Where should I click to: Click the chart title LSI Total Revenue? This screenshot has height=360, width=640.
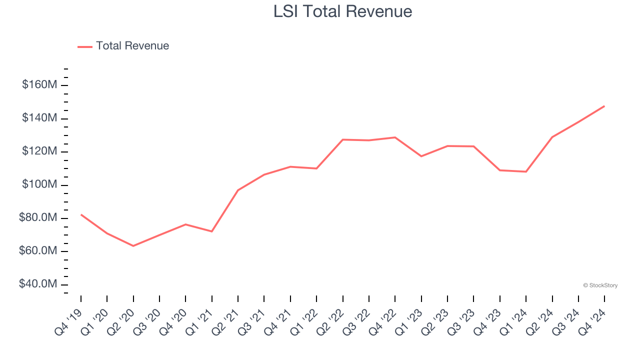coord(342,11)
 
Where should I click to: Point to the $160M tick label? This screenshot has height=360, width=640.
coord(39,85)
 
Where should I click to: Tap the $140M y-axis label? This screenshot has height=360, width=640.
coord(39,118)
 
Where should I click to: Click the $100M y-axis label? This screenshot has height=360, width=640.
coord(39,185)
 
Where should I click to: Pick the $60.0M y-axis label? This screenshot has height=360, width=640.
coord(38,251)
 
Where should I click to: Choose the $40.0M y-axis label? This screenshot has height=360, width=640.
coord(38,284)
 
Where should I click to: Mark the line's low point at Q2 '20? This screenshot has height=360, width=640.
coord(133,246)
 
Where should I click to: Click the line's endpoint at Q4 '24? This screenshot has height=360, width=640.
coord(604,106)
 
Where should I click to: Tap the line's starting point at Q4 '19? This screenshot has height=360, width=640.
coord(81,214)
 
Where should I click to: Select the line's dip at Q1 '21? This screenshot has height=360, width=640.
coord(212,231)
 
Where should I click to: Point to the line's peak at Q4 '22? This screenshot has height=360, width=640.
coord(395,137)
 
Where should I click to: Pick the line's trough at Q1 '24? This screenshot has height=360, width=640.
coord(526,171)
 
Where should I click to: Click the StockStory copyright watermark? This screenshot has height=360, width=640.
coord(600,285)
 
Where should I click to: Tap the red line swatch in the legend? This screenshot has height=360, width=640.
coord(85,46)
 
